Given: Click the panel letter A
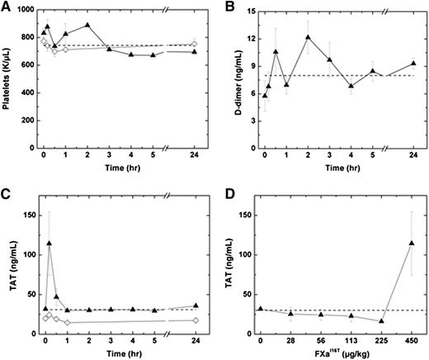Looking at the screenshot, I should click(7, 7).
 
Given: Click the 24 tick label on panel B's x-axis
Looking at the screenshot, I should click(412, 154).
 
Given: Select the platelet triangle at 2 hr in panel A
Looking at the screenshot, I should click(87, 25).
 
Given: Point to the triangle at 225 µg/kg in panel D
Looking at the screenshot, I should click(381, 321).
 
